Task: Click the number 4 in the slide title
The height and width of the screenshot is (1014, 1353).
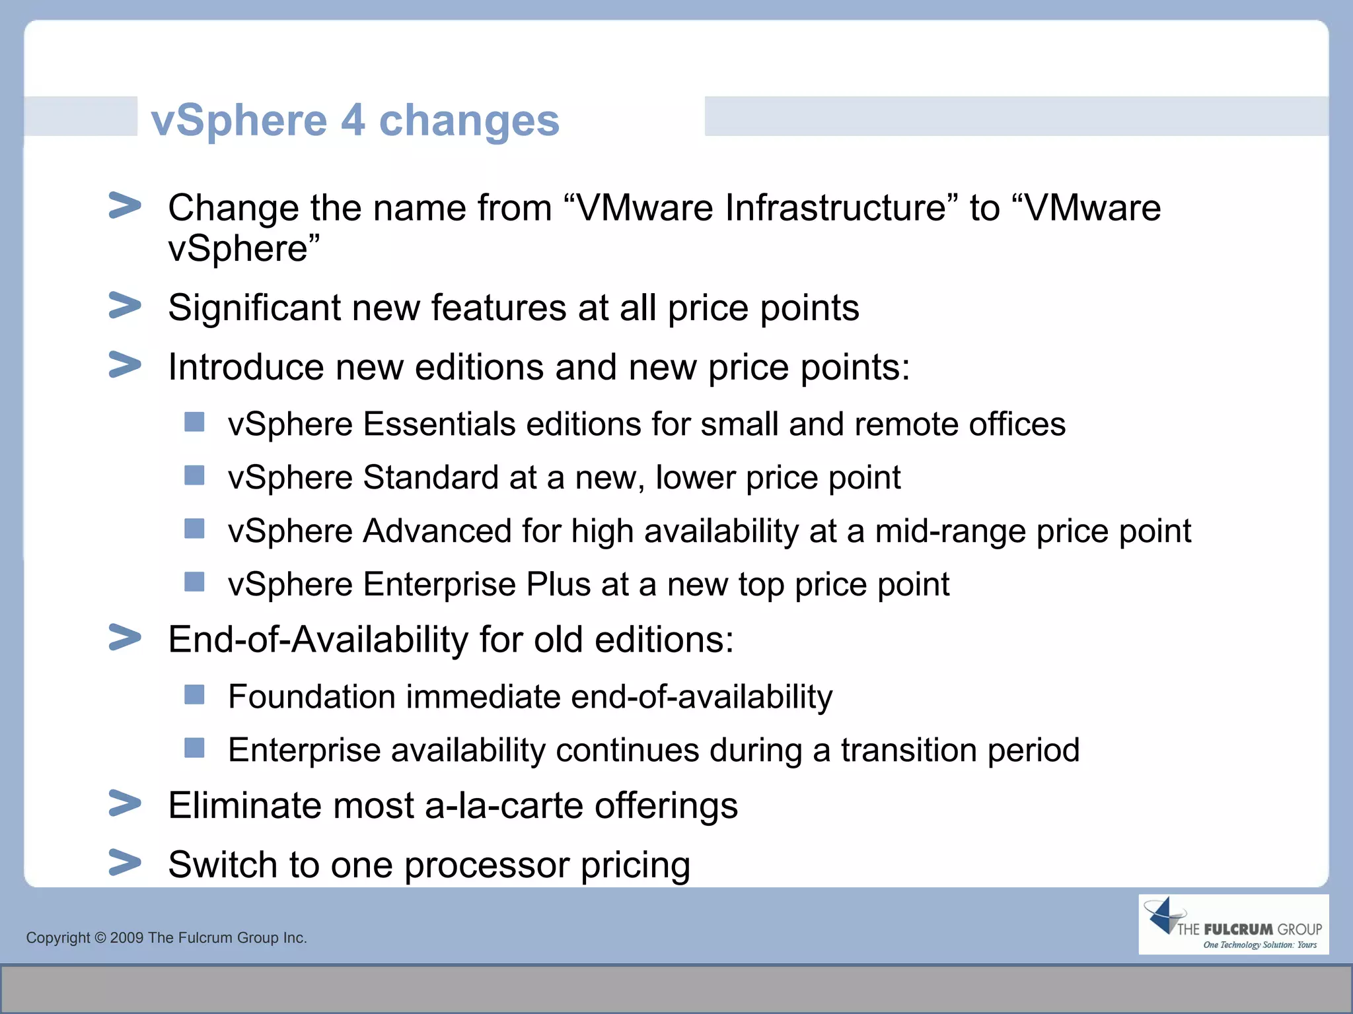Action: [353, 120]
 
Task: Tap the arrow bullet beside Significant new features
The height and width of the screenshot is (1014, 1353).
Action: [125, 306]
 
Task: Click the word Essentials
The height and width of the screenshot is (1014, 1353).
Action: [439, 424]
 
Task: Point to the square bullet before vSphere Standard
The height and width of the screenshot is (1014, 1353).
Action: [194, 475]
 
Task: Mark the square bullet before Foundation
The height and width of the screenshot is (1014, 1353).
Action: [194, 694]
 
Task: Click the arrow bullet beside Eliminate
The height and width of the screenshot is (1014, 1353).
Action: [125, 803]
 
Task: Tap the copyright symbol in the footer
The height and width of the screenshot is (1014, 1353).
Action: [100, 937]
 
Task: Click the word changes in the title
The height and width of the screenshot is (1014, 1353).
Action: [469, 120]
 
